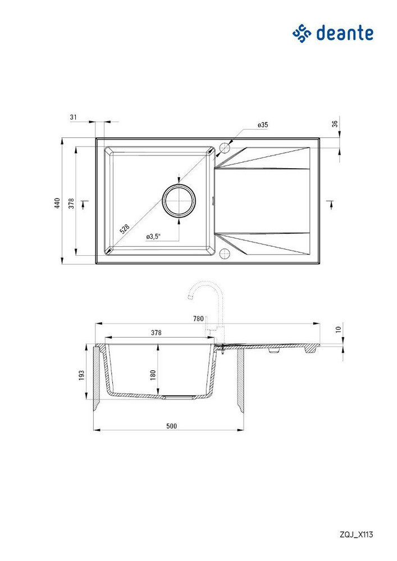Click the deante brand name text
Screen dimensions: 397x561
tap(344, 33)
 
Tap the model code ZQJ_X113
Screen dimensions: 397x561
tap(356, 535)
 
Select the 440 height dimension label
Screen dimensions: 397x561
tap(57, 203)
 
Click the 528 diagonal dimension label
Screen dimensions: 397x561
tap(124, 229)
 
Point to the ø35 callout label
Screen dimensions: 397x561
tap(262, 125)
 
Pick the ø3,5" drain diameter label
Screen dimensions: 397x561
tap(153, 237)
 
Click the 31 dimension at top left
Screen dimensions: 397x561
tap(74, 117)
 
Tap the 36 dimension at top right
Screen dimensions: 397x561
tap(335, 124)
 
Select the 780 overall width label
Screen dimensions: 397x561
tap(198, 319)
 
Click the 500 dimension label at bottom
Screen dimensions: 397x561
tap(171, 426)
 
